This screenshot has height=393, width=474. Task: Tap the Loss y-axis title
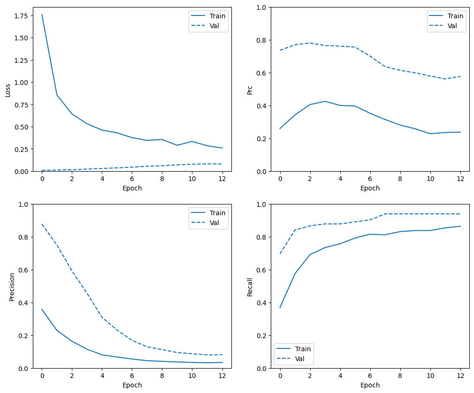[x=8, y=90]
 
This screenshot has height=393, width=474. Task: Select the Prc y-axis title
[x=250, y=90]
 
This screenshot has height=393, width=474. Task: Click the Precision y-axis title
[x=12, y=287]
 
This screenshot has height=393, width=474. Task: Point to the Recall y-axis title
[x=250, y=287]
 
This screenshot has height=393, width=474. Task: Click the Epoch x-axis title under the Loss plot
[x=132, y=188]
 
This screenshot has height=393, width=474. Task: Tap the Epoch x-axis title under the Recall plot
[x=370, y=385]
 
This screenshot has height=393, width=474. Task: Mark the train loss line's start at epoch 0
[x=42, y=15]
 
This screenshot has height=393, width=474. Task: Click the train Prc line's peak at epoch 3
[x=325, y=101]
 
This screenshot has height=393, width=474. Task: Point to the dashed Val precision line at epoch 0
[x=42, y=224]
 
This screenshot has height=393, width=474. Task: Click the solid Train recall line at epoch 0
[x=280, y=308]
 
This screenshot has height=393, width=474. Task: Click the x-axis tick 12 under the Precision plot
[x=222, y=376]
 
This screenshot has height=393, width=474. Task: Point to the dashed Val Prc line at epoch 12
[x=460, y=76]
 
